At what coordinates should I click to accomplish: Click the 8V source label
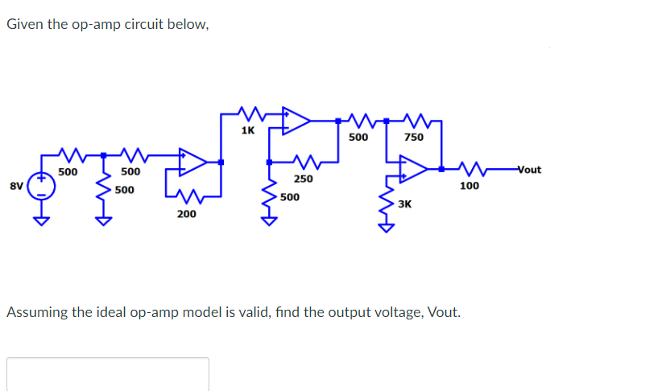[15, 186]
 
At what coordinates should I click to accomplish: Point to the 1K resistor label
[248, 130]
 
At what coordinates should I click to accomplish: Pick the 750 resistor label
[414, 138]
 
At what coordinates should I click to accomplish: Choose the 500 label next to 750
[358, 138]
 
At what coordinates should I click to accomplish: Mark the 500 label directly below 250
[290, 196]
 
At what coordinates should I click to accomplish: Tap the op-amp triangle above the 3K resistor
[415, 170]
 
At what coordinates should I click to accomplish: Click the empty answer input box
[108, 374]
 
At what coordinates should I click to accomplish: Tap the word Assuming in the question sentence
[38, 312]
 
